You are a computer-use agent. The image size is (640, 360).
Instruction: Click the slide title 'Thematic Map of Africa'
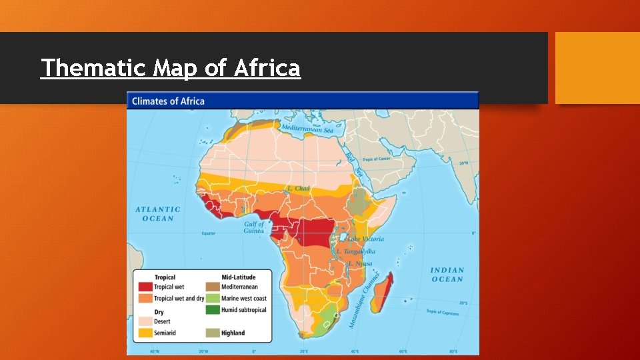click(x=171, y=68)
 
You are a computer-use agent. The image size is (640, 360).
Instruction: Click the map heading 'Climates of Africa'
click(x=168, y=101)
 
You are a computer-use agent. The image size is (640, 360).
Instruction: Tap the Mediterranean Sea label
click(x=307, y=129)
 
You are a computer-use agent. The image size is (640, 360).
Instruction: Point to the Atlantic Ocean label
click(x=158, y=214)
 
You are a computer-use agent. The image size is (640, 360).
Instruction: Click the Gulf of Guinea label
click(x=254, y=227)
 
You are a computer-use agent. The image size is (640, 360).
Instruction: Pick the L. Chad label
click(x=298, y=189)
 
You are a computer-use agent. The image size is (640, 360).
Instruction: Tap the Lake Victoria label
click(x=365, y=239)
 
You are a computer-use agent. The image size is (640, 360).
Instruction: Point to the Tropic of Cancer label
click(x=377, y=160)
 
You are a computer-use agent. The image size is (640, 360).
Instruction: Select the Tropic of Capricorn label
click(x=443, y=312)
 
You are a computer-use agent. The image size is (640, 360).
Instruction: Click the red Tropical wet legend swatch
click(x=145, y=287)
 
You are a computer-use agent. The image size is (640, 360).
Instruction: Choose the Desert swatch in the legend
click(x=145, y=321)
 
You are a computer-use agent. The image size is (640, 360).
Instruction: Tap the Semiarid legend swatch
click(x=145, y=333)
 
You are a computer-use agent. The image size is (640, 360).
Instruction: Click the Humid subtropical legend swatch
click(x=212, y=310)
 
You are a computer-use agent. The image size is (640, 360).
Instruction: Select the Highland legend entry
click(x=233, y=333)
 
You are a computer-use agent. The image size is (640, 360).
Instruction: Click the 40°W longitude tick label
click(x=154, y=351)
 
